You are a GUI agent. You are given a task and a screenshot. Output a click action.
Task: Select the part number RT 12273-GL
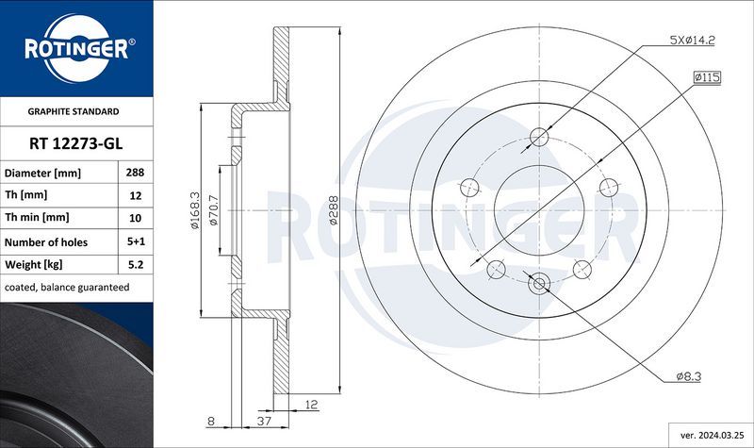75,143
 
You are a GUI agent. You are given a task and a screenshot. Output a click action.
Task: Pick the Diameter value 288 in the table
135,174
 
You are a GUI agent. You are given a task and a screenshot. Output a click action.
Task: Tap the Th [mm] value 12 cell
135,196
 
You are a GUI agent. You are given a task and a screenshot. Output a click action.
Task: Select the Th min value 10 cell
135,219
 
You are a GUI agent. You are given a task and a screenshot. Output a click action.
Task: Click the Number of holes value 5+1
135,242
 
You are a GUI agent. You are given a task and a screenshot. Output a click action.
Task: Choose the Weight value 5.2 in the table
135,265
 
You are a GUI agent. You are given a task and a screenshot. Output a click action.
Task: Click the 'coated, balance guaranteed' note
67,287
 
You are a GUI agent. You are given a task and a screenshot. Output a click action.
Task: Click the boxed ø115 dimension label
706,76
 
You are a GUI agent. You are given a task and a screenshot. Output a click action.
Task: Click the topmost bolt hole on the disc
539,137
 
